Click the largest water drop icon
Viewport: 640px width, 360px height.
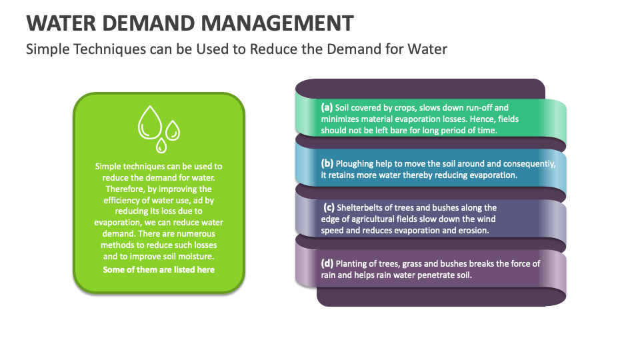[150, 123]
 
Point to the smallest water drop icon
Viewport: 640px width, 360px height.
[161, 145]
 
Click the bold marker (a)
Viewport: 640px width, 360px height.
[327, 107]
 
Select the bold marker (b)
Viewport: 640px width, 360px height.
[327, 163]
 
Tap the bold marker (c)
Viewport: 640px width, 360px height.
[329, 207]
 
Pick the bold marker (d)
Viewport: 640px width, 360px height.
[327, 263]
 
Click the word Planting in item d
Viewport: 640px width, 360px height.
[352, 263]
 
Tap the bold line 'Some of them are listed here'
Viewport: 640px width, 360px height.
[159, 269]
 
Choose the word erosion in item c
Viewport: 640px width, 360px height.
[473, 231]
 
